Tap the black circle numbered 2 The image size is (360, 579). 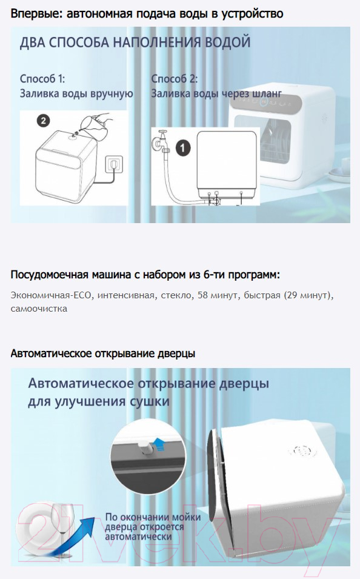(44, 121)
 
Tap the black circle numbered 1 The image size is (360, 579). (183, 148)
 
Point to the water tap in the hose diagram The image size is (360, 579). (160, 141)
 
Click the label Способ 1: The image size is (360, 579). (42, 79)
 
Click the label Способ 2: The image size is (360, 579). (175, 79)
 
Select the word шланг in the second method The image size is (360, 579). (267, 93)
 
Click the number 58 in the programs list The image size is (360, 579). (202, 295)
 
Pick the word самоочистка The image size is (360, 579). (39, 309)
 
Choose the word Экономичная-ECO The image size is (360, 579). (50, 295)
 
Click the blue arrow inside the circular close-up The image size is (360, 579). (158, 444)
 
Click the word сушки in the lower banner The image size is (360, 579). (150, 401)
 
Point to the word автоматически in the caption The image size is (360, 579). (138, 537)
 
